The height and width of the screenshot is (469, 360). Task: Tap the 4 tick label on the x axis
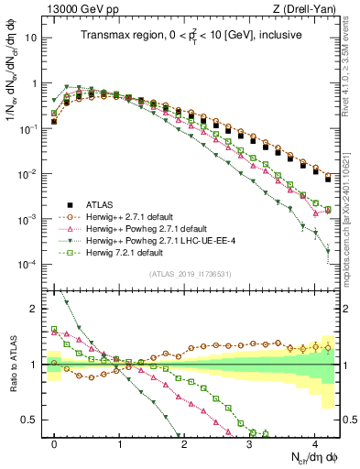(314, 443)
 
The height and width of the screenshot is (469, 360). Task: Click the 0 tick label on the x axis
(55, 443)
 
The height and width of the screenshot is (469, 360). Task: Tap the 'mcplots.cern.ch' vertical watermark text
(352, 206)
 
